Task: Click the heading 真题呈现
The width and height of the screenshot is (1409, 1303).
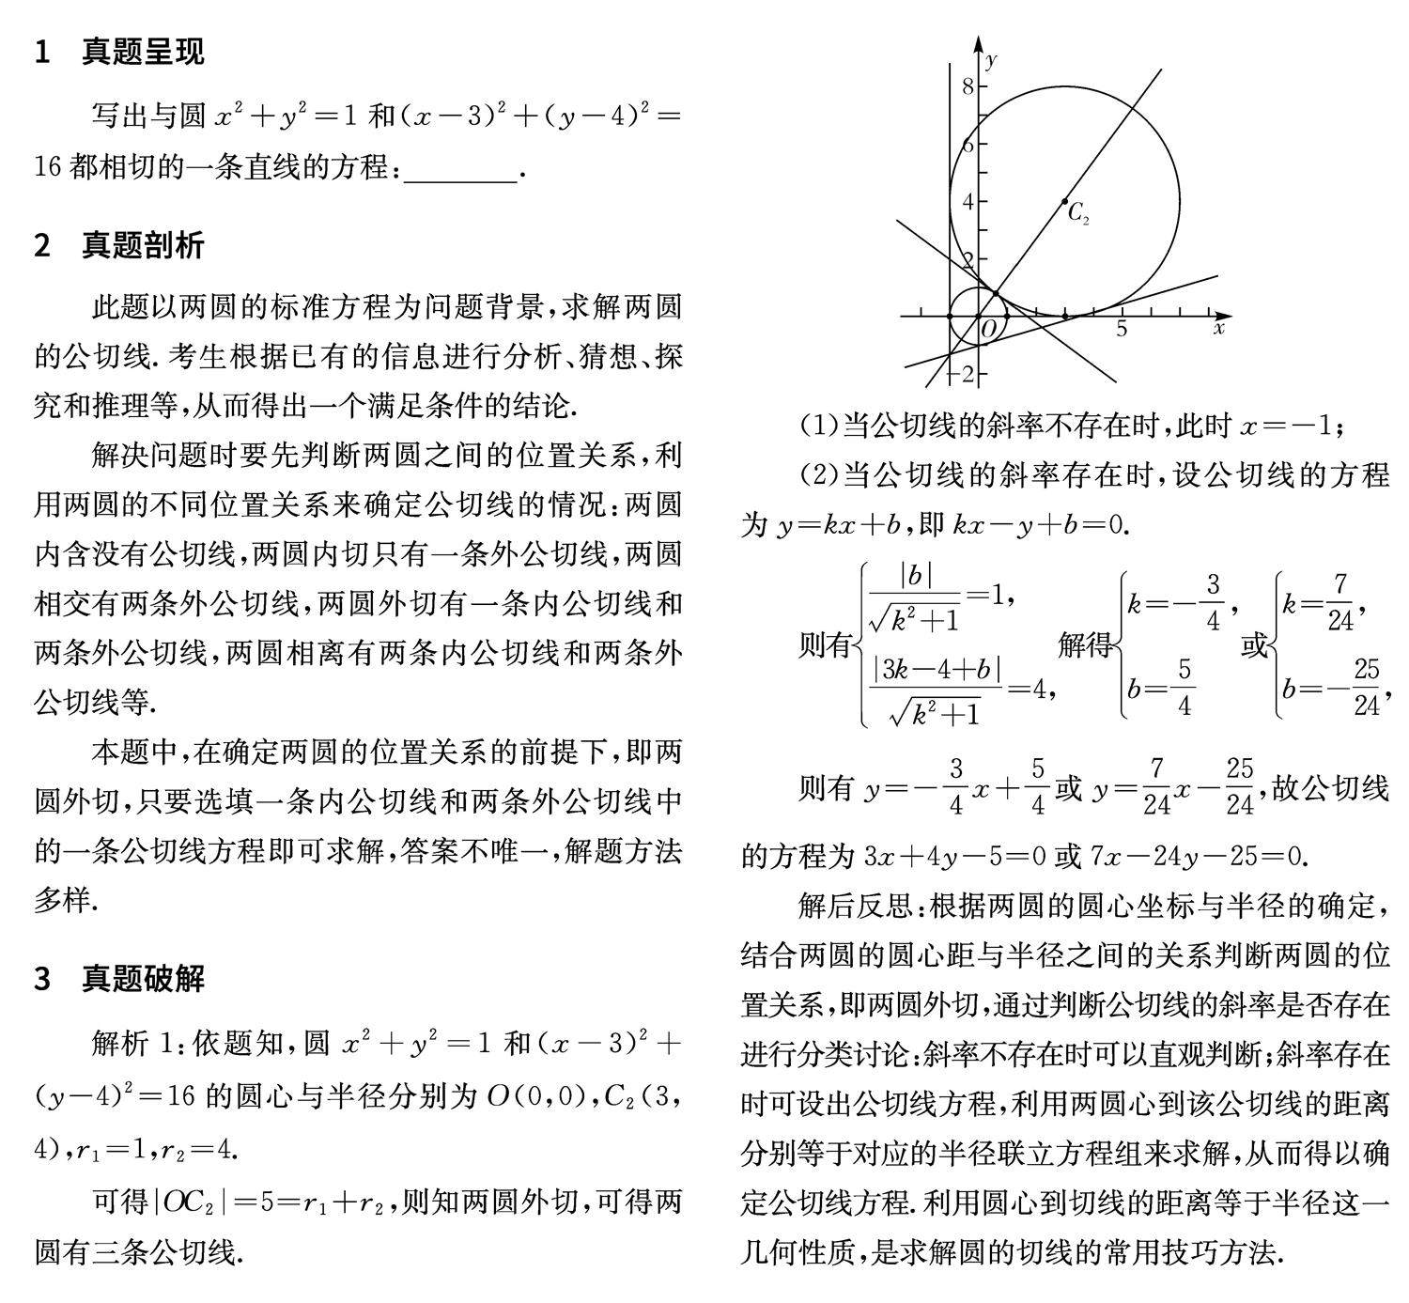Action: coord(142,51)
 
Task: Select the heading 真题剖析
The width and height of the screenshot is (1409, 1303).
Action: coord(142,245)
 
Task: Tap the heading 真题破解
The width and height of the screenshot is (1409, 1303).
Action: coord(142,978)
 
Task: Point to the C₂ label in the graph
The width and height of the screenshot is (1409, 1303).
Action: coord(1078,213)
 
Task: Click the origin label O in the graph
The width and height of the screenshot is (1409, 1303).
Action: coord(988,330)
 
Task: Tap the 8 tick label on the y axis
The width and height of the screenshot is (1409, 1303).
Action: coord(968,86)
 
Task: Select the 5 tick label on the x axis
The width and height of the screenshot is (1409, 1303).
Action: coord(1122,330)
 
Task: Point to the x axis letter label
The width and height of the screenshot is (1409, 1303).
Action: coord(1218,329)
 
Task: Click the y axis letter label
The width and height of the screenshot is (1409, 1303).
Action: coord(992,60)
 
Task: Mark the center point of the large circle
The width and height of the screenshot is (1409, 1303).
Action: coord(1064,201)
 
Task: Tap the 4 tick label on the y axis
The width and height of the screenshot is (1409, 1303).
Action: coord(968,201)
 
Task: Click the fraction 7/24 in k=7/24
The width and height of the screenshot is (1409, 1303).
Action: coord(1339,602)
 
